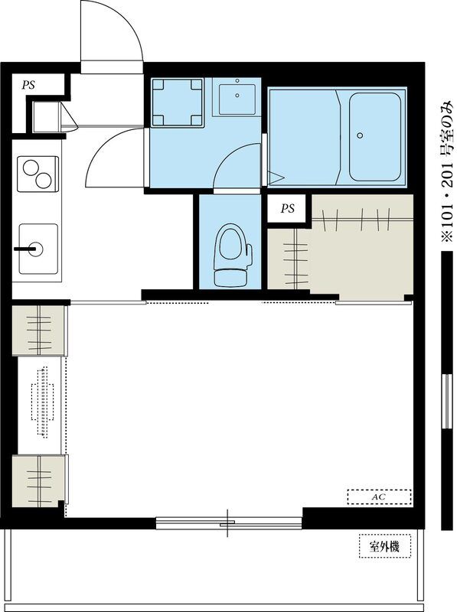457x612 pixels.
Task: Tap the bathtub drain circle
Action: pyautogui.click(x=360, y=135)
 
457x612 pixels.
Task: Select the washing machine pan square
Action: pyautogui.click(x=178, y=103)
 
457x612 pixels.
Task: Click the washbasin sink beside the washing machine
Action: pyautogui.click(x=237, y=99)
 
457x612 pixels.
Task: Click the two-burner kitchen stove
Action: pyautogui.click(x=38, y=174)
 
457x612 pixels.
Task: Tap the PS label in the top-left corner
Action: pyautogui.click(x=28, y=85)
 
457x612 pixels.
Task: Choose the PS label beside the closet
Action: pyautogui.click(x=288, y=209)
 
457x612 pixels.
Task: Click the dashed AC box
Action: pyautogui.click(x=379, y=497)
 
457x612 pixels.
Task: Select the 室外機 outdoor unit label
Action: pyautogui.click(x=385, y=546)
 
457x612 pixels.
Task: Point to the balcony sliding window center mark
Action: pyautogui.click(x=227, y=523)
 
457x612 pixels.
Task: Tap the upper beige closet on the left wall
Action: pyautogui.click(x=38, y=330)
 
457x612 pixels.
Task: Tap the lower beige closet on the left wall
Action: pyautogui.click(x=38, y=481)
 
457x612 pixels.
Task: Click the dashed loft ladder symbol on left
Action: pyautogui.click(x=42, y=402)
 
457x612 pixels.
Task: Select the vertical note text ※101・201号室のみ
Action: pyautogui.click(x=449, y=171)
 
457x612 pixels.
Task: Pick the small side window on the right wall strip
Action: pyautogui.click(x=446, y=402)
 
